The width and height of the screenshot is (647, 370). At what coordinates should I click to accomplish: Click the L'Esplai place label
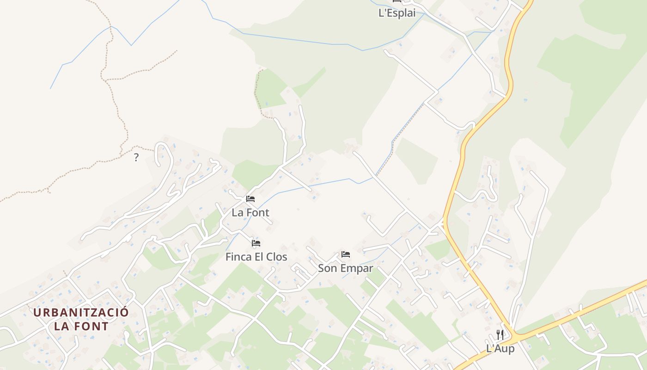tap(397, 13)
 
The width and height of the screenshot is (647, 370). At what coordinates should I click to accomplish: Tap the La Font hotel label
tap(250, 213)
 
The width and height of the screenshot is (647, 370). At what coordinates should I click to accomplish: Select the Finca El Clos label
tap(256, 257)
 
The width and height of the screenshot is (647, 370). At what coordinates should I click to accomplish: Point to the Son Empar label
tap(345, 268)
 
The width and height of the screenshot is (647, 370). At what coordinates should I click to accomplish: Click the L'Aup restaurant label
tap(500, 348)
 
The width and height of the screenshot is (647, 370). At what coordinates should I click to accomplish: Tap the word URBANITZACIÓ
tap(81, 312)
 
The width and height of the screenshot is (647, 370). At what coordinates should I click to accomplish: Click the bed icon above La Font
tap(250, 199)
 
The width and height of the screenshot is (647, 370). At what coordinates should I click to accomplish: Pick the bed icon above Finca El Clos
tap(256, 243)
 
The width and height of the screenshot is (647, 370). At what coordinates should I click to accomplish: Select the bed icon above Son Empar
tap(345, 254)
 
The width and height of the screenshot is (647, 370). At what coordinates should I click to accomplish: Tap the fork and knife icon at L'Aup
tap(500, 334)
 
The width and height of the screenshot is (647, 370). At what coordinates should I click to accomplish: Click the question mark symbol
tap(136, 157)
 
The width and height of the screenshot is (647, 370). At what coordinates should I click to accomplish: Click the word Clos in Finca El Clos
tap(277, 257)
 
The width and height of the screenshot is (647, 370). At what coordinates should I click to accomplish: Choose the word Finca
tap(238, 257)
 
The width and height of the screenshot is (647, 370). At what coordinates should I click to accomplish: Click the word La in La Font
tap(238, 213)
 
